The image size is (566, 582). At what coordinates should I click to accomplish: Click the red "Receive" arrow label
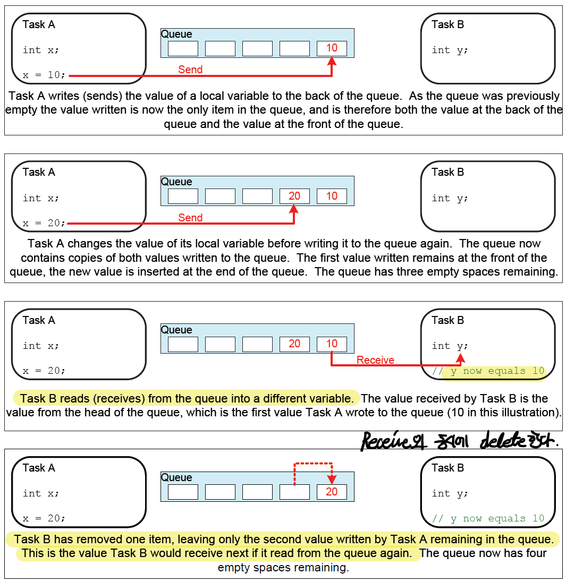click(375, 360)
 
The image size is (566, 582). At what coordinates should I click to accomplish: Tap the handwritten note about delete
click(460, 440)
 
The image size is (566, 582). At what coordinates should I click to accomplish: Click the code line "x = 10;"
click(44, 75)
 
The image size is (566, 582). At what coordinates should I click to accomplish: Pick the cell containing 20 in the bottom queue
click(332, 492)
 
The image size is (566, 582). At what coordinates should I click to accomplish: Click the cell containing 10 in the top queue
click(332, 48)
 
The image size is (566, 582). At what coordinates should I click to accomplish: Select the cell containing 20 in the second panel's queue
click(294, 196)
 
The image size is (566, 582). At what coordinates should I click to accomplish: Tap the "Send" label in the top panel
click(190, 70)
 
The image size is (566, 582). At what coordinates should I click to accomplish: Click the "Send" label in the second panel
click(190, 218)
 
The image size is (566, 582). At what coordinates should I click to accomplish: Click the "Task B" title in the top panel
click(447, 24)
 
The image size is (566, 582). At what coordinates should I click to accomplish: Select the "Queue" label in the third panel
click(176, 330)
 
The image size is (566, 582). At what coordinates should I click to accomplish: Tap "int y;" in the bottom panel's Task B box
click(450, 493)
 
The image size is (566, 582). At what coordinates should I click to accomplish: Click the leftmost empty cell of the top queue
click(183, 48)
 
